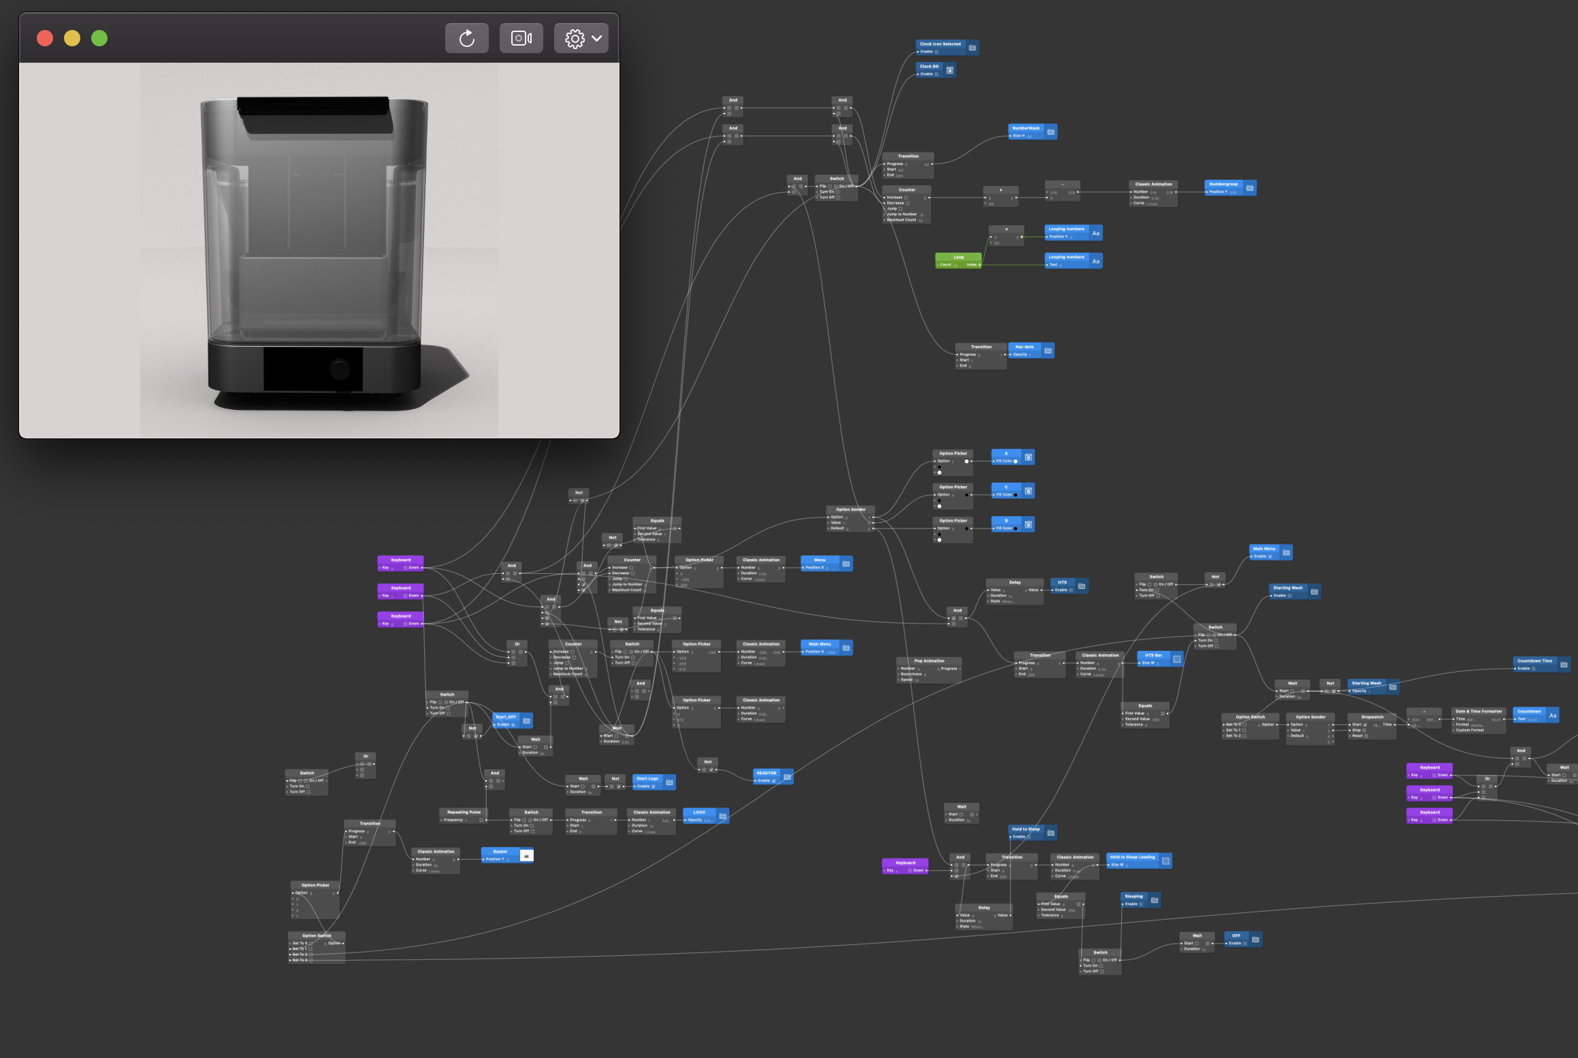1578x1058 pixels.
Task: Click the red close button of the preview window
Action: pos(45,38)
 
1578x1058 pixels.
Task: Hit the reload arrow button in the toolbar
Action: pos(466,38)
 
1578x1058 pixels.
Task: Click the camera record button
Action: pos(521,38)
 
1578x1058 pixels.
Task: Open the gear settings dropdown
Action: pos(581,38)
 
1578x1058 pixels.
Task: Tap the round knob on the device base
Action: pos(340,370)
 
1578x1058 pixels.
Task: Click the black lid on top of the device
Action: pos(315,113)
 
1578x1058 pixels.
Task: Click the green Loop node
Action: pos(958,257)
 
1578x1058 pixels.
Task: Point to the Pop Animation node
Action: pos(929,661)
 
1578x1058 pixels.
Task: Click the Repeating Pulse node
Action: pos(463,812)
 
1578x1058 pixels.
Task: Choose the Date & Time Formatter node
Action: pos(1478,711)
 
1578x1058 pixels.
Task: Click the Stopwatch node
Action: pos(1372,717)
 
